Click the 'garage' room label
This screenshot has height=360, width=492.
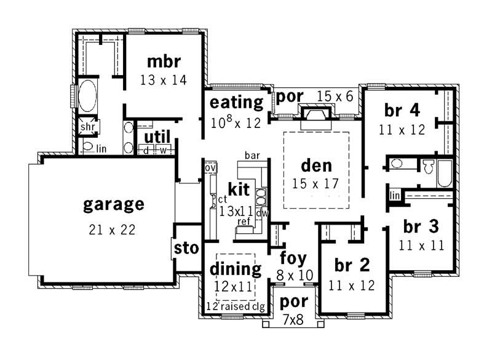click(x=114, y=204)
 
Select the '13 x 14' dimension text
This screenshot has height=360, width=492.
click(x=163, y=79)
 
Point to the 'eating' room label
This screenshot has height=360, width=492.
click(x=237, y=102)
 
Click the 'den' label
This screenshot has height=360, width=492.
click(x=316, y=165)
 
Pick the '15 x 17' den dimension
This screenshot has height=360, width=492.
click(x=316, y=183)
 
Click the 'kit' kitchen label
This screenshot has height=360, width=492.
click(x=239, y=188)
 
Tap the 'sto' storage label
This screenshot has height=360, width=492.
click(x=187, y=249)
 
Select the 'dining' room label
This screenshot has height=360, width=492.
click(x=236, y=268)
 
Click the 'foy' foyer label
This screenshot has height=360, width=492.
click(x=293, y=257)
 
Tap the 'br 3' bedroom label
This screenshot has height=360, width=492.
click(x=421, y=226)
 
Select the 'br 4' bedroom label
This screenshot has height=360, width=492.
click(x=402, y=110)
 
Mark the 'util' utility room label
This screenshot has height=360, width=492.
click(x=157, y=137)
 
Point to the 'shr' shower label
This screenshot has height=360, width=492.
click(x=87, y=128)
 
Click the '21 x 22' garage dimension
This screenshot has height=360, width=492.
click(x=111, y=230)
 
